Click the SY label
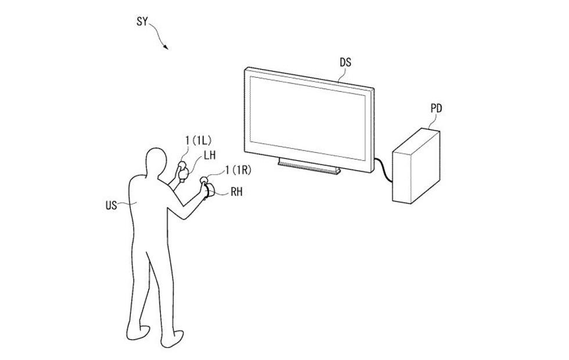142,22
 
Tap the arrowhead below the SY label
165,47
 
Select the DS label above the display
345,63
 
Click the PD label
436,108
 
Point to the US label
111,206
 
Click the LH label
210,156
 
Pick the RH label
236,192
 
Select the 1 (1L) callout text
199,140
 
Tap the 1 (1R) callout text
238,170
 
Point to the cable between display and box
383,169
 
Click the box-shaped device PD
416,166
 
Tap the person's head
156,162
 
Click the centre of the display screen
307,118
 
